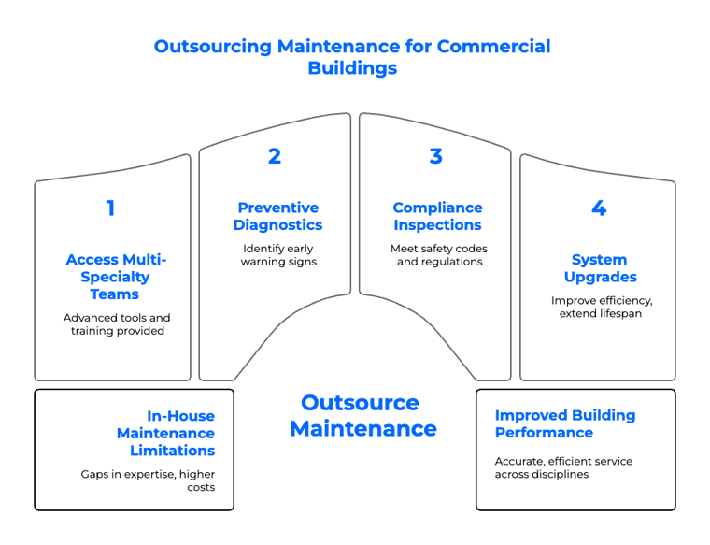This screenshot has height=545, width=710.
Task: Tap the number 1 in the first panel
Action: point(111,208)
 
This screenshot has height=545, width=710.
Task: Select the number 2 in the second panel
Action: point(274,157)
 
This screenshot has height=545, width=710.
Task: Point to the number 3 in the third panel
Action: point(435,157)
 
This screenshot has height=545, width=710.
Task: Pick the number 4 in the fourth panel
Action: point(599,208)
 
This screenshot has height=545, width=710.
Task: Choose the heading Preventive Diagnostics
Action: point(277,217)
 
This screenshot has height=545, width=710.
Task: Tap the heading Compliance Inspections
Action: point(437,217)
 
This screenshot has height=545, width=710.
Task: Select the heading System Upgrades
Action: point(600,268)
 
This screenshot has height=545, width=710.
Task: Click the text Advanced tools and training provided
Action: point(117,324)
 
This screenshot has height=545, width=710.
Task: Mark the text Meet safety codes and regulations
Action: point(439,255)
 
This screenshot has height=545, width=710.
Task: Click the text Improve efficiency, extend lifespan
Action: point(600,307)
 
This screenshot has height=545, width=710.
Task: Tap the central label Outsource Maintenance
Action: point(361,416)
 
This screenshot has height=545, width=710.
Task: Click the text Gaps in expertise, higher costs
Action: point(148,480)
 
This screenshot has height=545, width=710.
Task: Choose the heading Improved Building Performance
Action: point(564,424)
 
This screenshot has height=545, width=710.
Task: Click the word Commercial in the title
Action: point(497,47)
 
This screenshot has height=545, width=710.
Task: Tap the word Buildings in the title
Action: point(352,68)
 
